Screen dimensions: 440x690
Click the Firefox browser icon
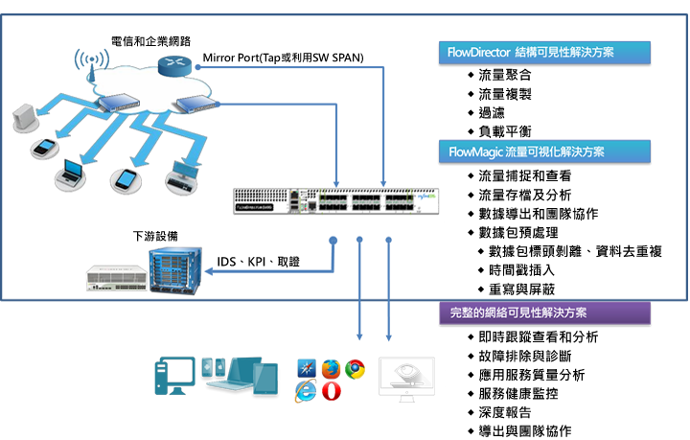coord(332,367)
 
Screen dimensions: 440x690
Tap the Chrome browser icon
coord(356,367)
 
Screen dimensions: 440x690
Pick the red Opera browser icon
coord(332,391)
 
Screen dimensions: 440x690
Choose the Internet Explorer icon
coord(307,389)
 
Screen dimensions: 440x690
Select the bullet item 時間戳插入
coord(517,269)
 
